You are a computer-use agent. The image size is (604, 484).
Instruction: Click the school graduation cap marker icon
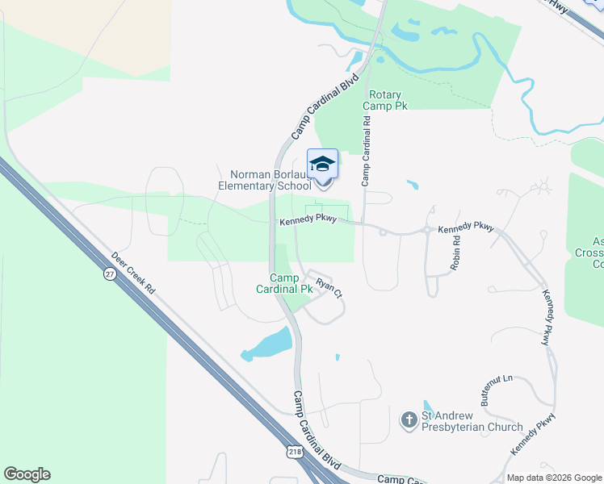(322, 165)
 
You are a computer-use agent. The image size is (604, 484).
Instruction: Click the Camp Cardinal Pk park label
(283, 282)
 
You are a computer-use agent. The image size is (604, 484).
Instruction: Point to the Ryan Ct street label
(329, 287)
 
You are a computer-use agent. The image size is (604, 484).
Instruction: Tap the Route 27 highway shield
(109, 274)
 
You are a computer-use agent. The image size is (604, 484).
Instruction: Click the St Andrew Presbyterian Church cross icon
(409, 419)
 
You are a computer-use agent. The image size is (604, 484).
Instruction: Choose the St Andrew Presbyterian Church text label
(473, 421)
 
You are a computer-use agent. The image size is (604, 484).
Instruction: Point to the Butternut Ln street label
(495, 389)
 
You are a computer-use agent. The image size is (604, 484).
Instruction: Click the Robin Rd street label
(456, 252)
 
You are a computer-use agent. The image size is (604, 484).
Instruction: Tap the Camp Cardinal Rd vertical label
(366, 152)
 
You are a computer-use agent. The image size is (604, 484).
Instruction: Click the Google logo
(27, 474)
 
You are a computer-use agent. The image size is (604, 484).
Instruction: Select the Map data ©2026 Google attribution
(553, 478)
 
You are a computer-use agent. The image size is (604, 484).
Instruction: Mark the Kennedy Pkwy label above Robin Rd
(464, 228)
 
